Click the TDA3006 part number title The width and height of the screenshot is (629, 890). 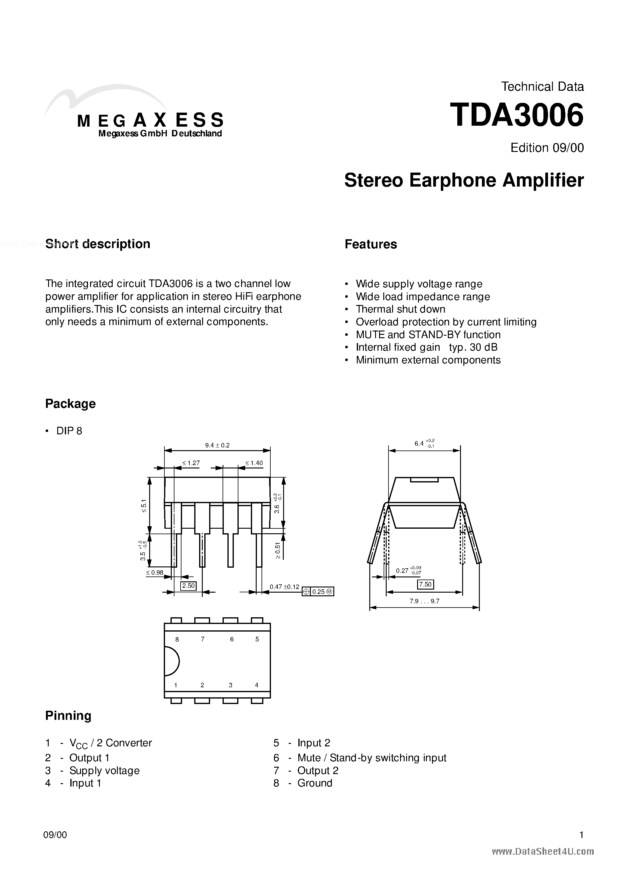pyautogui.click(x=517, y=116)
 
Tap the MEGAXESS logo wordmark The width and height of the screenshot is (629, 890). pyautogui.click(x=150, y=120)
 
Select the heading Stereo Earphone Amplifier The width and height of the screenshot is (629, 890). pyautogui.click(x=464, y=180)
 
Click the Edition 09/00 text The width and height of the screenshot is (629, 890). pyautogui.click(x=547, y=148)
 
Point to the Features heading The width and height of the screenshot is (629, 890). pyautogui.click(x=371, y=244)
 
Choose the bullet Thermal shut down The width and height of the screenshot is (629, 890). pyautogui.click(x=400, y=309)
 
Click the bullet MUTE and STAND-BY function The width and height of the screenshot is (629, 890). pyautogui.click(x=428, y=335)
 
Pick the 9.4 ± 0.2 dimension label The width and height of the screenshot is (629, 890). pyautogui.click(x=217, y=445)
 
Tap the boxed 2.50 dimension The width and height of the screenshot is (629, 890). pyautogui.click(x=188, y=585)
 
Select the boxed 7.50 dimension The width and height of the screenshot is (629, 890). pyautogui.click(x=425, y=584)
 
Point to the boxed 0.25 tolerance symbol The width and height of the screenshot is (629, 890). pyautogui.click(x=318, y=591)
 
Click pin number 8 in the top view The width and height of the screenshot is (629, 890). pyautogui.click(x=177, y=639)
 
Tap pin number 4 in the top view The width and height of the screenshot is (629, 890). pyautogui.click(x=256, y=685)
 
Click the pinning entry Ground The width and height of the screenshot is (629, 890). pyautogui.click(x=314, y=783)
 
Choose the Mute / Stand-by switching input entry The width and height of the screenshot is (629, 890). pyautogui.click(x=371, y=758)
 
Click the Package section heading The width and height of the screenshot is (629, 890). pyautogui.click(x=70, y=404)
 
